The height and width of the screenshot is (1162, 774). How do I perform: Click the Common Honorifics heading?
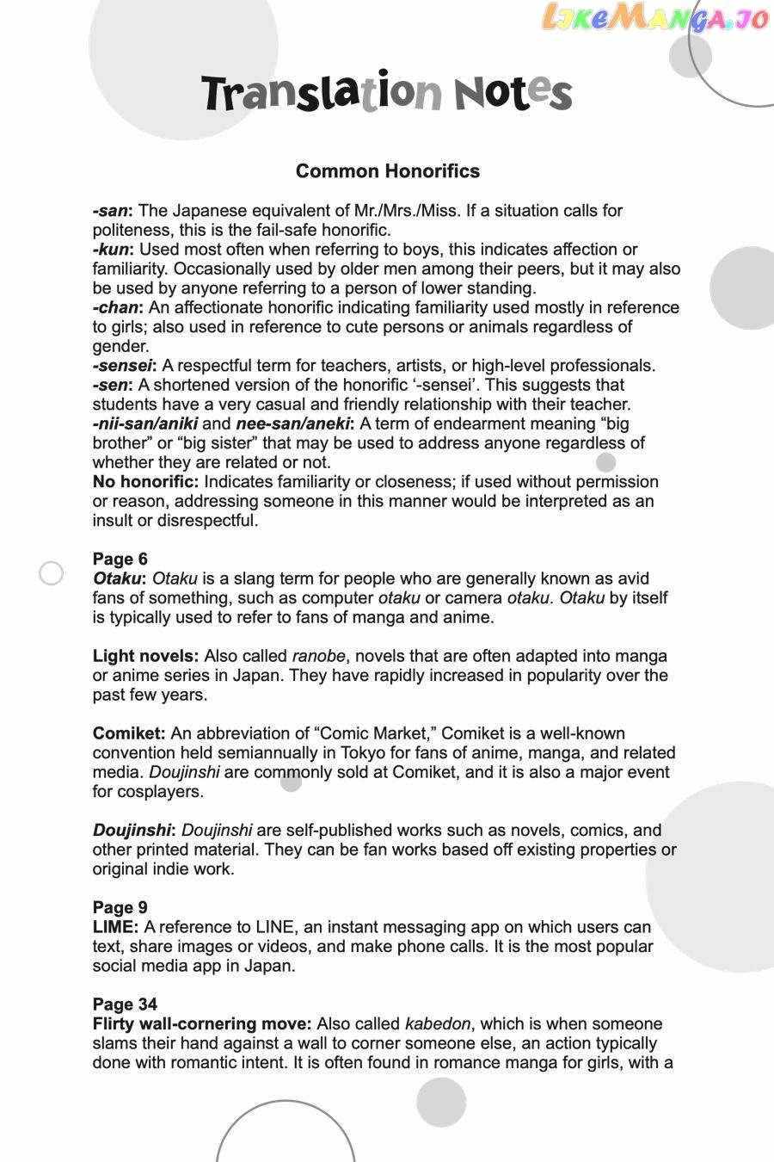coord(387,171)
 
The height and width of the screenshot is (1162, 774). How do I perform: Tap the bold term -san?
coord(112,211)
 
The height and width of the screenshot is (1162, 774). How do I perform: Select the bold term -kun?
coord(113,250)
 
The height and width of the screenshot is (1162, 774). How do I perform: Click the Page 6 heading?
coord(120,559)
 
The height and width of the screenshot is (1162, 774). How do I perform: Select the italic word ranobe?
coord(318,656)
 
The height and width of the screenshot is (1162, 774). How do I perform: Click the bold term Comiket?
coord(129,733)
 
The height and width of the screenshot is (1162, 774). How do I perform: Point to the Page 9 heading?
coord(120,907)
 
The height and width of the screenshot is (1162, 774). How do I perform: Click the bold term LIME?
coord(115,927)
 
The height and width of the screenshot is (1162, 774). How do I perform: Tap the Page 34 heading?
coord(125,1004)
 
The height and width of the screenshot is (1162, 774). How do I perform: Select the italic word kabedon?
coord(438,1024)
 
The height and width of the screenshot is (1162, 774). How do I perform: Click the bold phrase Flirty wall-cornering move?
coord(202,1024)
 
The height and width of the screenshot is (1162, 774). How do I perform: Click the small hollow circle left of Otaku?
coord(52,573)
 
